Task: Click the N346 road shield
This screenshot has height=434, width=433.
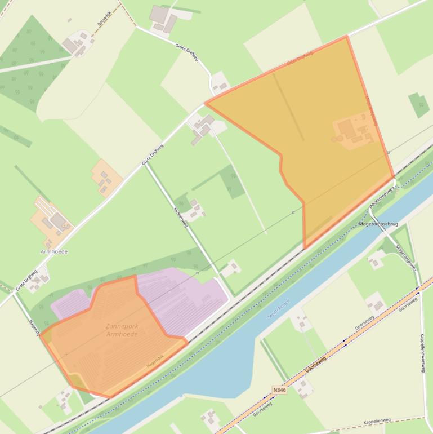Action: click(279, 390)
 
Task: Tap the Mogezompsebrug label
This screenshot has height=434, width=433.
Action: click(378, 224)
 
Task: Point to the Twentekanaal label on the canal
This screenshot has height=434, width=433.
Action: click(278, 309)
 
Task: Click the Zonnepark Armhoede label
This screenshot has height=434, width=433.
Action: click(121, 330)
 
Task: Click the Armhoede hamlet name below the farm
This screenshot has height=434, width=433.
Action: click(54, 251)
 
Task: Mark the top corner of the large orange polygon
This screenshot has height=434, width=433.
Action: click(347, 37)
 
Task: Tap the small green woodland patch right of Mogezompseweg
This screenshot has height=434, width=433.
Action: click(419, 105)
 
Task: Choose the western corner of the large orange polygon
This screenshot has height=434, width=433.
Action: click(206, 104)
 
